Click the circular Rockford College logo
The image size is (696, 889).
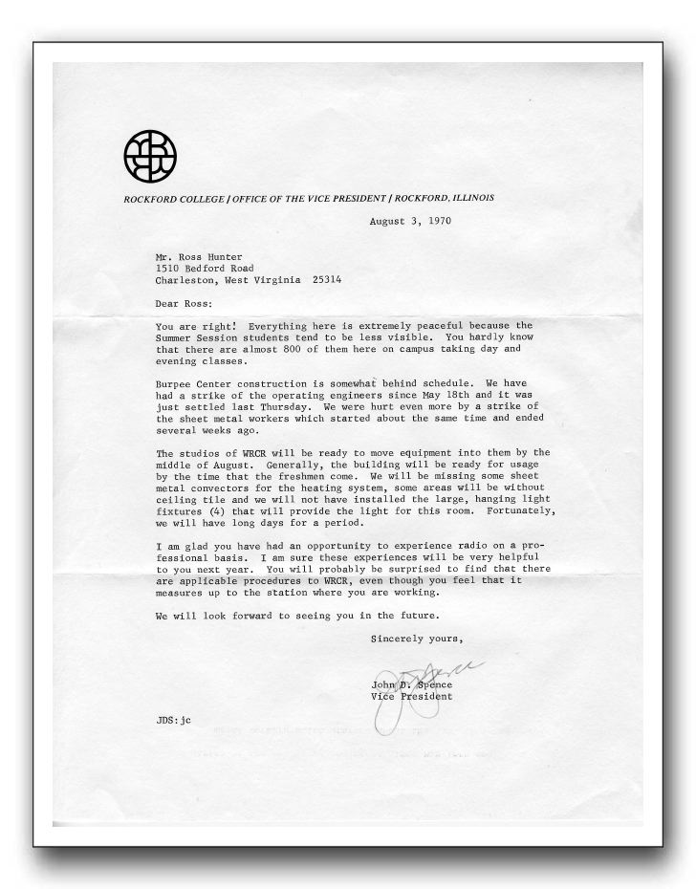coord(151,153)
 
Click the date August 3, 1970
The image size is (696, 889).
coord(411,221)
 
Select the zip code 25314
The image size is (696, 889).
coord(322,281)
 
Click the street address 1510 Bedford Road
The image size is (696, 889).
coord(207,269)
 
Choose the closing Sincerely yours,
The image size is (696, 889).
coord(418,639)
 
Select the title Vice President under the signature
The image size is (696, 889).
coord(413,697)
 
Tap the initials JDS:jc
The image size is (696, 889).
coord(174,720)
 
